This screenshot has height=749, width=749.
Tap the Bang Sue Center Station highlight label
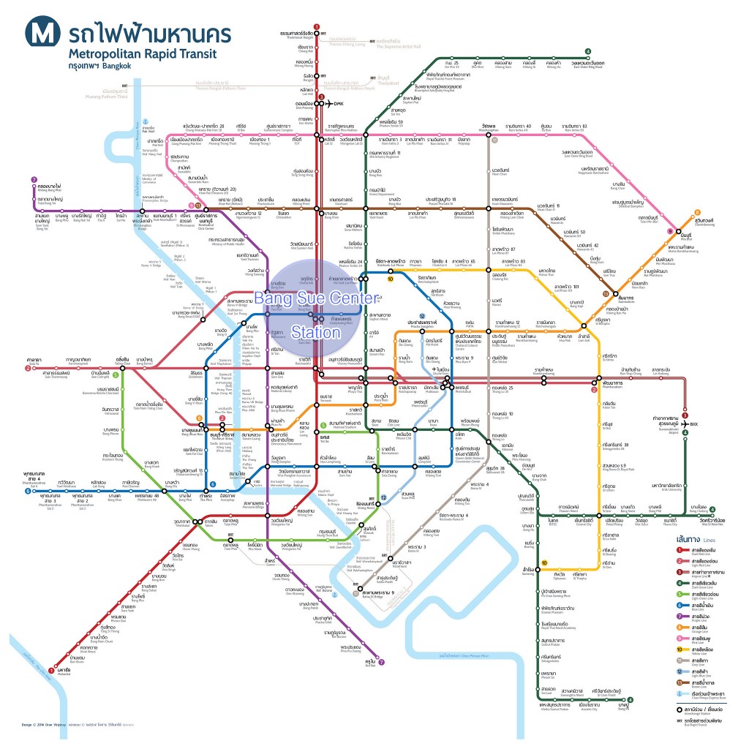coord(316,315)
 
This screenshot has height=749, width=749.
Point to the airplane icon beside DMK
coord(327,103)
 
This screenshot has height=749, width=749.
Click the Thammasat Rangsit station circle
coord(316,29)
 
